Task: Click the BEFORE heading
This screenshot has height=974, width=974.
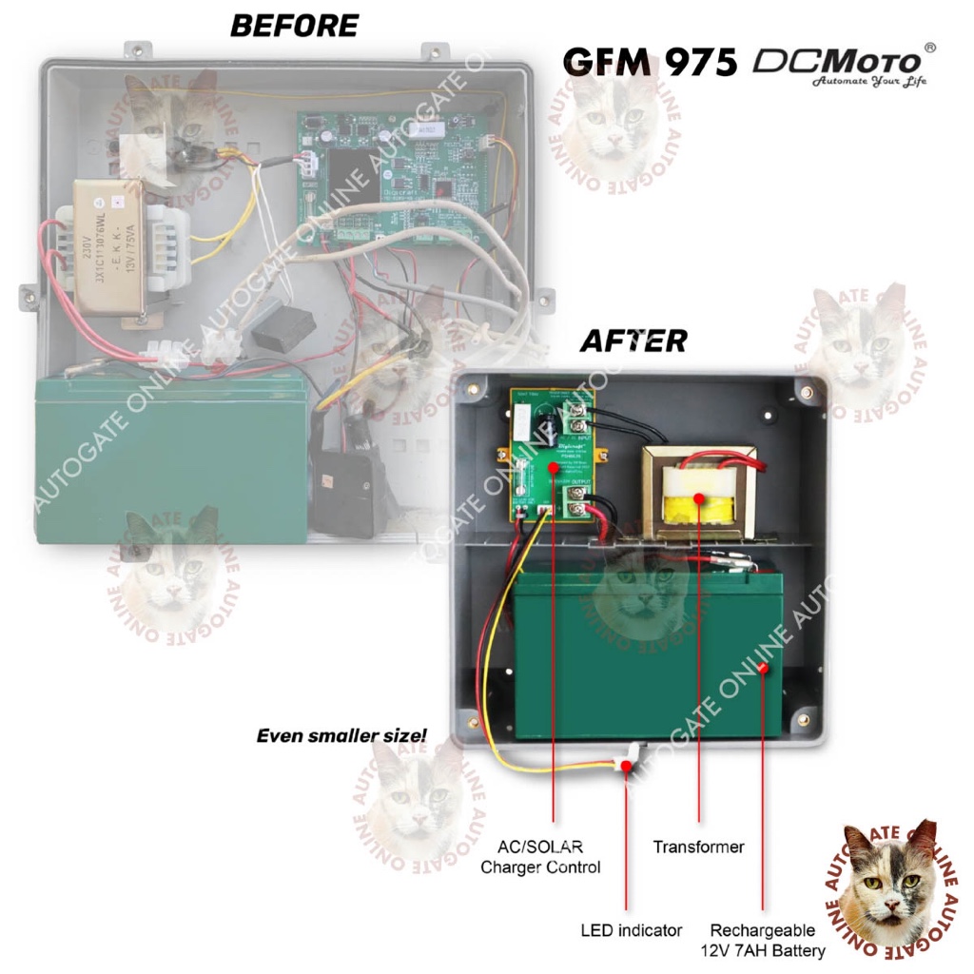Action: [x=294, y=26]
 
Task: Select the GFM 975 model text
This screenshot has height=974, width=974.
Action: [x=650, y=63]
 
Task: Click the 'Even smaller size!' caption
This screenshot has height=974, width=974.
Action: [x=341, y=735]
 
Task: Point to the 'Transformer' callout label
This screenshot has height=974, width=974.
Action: [x=698, y=846]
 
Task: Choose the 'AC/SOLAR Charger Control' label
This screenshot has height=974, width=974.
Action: [x=539, y=856]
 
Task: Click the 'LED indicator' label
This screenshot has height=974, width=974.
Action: [x=632, y=929]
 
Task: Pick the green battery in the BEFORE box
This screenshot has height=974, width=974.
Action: [x=171, y=457]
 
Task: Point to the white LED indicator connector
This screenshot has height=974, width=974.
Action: [x=629, y=762]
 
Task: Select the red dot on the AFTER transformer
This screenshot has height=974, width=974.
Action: [x=699, y=498]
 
